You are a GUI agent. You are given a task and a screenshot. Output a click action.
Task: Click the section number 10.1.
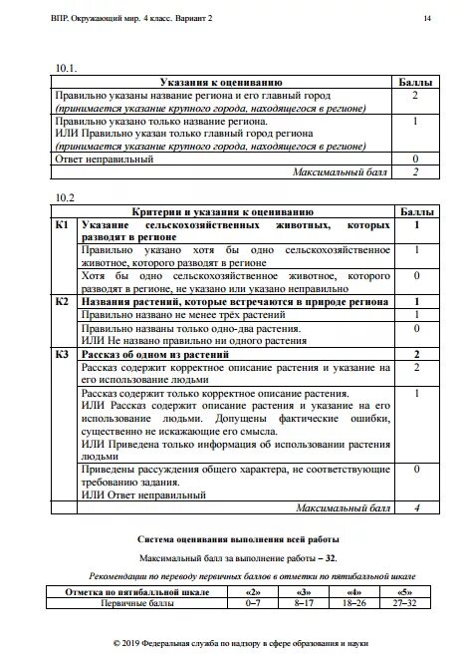pyautogui.click(x=66, y=67)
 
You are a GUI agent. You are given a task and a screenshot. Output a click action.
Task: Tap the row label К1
pyautogui.click(x=62, y=225)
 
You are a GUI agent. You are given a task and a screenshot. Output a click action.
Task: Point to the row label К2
pyautogui.click(x=62, y=300)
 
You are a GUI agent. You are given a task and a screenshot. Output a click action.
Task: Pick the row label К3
pyautogui.click(x=62, y=353)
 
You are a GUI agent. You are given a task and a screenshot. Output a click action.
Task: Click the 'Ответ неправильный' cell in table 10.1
pyautogui.click(x=106, y=159)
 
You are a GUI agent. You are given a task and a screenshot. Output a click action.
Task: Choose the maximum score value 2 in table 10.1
pyautogui.click(x=414, y=171)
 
